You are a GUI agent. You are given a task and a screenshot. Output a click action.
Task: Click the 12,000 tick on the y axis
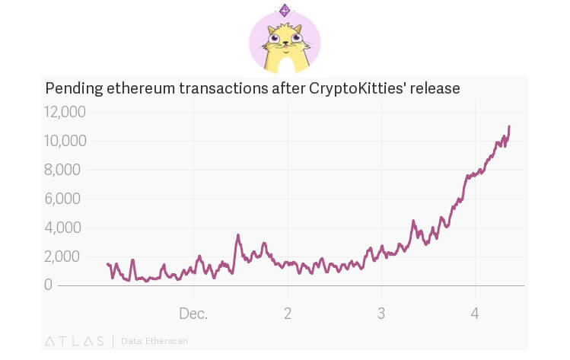click(65, 113)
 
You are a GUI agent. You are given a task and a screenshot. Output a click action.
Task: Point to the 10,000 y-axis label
click(65, 142)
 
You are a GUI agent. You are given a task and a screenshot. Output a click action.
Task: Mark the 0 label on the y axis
click(48, 285)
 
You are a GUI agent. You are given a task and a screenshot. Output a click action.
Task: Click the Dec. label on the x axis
click(193, 313)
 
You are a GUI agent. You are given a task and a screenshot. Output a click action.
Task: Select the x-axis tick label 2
click(288, 313)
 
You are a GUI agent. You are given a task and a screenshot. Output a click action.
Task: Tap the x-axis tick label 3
click(381, 313)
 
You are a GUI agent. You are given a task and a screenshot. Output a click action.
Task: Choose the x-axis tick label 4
click(475, 313)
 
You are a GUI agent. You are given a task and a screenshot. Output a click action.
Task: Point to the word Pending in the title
click(74, 88)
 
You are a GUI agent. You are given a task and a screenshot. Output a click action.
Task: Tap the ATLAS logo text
click(75, 341)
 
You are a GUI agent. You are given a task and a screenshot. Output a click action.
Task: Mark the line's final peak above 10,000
click(508, 126)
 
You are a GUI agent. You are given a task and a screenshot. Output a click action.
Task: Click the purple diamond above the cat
click(285, 10)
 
